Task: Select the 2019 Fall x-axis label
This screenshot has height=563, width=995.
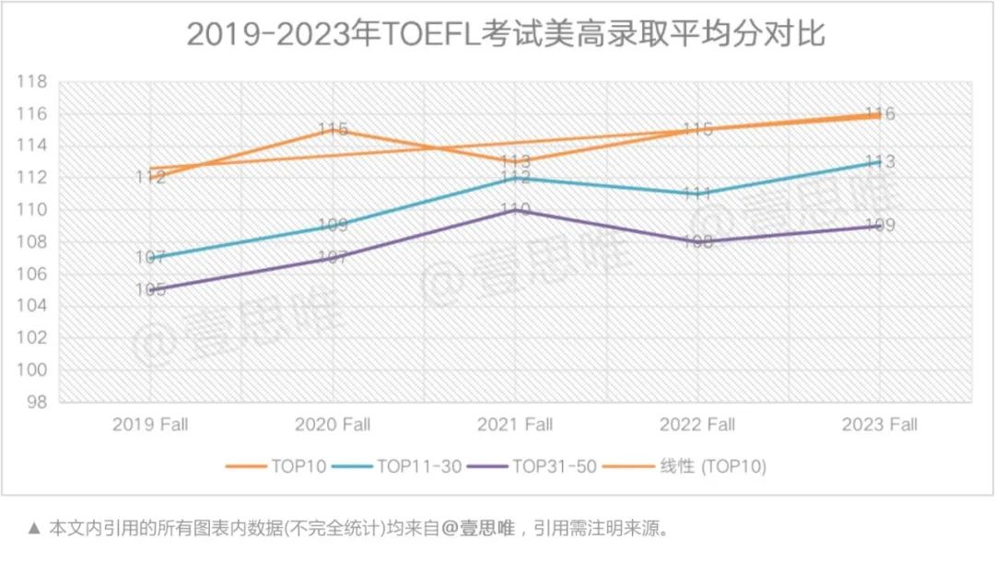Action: [x=150, y=425]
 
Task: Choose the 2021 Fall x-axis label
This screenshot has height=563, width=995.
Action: [x=515, y=425]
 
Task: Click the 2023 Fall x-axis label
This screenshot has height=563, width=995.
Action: [x=881, y=425]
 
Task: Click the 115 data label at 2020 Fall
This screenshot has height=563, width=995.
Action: [x=333, y=130]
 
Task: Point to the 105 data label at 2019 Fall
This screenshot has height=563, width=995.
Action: [x=150, y=289]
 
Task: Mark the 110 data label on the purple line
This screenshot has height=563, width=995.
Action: [x=515, y=209]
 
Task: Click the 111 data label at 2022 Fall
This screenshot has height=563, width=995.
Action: [x=697, y=194]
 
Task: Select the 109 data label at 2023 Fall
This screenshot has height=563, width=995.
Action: [x=881, y=226]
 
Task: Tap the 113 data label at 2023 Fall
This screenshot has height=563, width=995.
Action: [x=881, y=162]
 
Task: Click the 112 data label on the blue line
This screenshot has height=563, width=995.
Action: [x=515, y=178]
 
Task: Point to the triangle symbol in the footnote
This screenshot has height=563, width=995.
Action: [x=35, y=529]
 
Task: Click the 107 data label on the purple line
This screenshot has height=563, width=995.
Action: [x=333, y=258]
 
